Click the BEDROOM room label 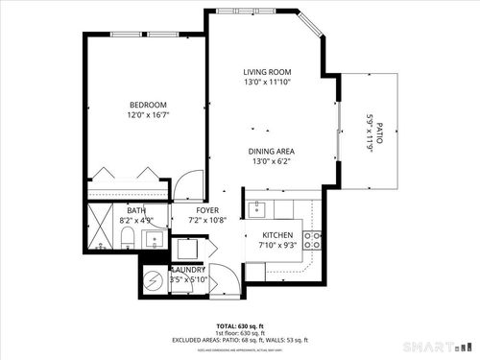(x=149, y=104)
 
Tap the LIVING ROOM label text (x=267, y=73)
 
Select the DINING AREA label (x=272, y=151)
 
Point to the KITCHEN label (x=278, y=235)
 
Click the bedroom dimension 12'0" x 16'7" (x=149, y=115)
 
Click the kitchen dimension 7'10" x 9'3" (x=278, y=246)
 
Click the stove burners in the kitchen (x=313, y=240)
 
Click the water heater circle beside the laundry (x=153, y=281)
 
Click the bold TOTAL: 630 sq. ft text (x=239, y=326)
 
